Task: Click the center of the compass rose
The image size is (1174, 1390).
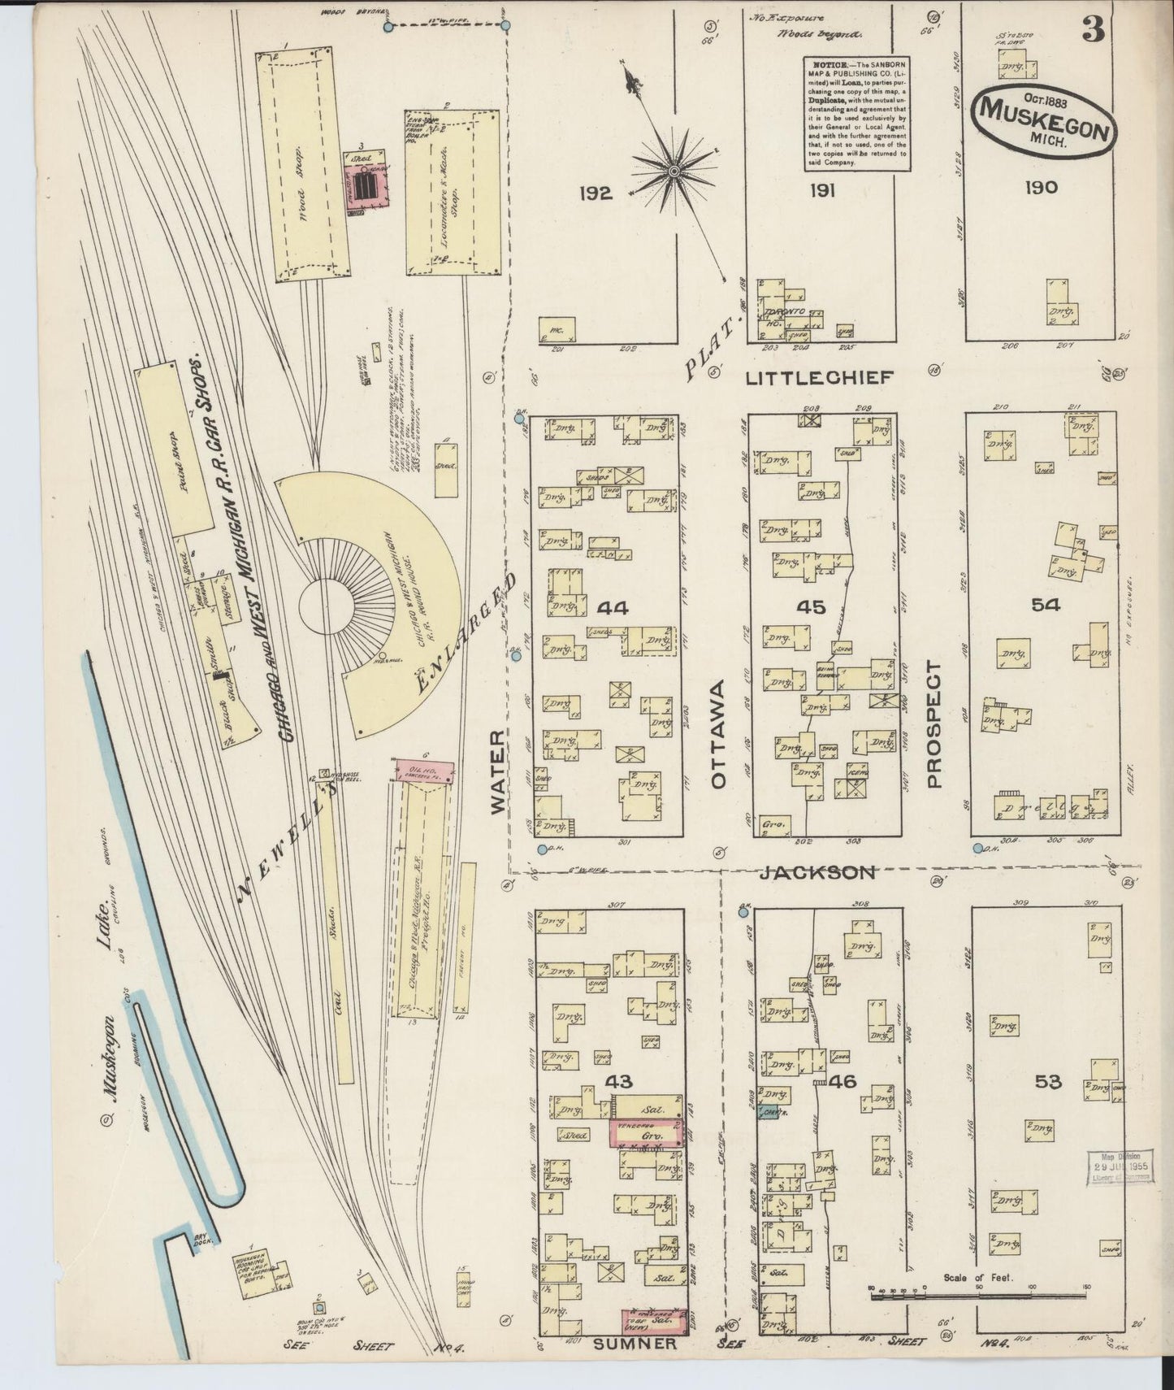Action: [674, 170]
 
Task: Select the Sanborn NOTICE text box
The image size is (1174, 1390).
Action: [856, 113]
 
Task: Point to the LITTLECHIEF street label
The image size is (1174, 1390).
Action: [820, 378]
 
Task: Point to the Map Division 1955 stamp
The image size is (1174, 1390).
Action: [1115, 1168]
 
